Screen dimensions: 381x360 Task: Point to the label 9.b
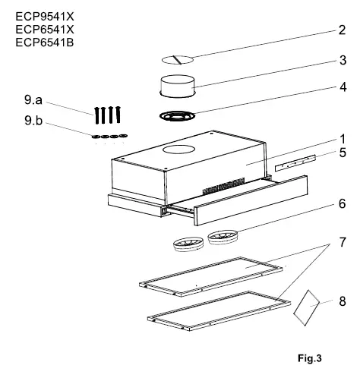(33, 120)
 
